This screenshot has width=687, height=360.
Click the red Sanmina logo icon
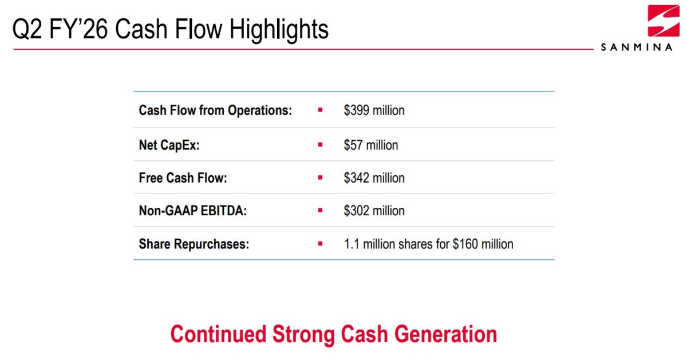coord(664,21)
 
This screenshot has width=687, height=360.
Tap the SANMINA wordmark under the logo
coord(637,48)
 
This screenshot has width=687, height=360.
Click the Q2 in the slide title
coord(27,29)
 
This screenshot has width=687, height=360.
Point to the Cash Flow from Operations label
coord(215,110)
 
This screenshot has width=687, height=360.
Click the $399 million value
coord(374,110)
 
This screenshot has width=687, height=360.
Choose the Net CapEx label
coord(169,145)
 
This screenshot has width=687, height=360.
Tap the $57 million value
coord(371,145)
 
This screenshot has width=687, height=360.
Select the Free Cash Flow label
coord(183,178)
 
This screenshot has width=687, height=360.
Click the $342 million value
coord(374,178)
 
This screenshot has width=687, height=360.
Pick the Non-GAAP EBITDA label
coord(192,211)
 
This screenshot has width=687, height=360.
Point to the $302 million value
coord(374,211)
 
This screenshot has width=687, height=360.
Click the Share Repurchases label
coord(194,244)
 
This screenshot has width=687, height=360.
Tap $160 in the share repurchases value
coord(465,244)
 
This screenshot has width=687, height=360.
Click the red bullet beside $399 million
coord(320,110)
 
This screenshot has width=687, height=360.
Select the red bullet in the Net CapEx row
coord(320,145)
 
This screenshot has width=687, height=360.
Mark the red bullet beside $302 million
coord(320,211)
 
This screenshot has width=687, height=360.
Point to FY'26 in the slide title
coord(78,29)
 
